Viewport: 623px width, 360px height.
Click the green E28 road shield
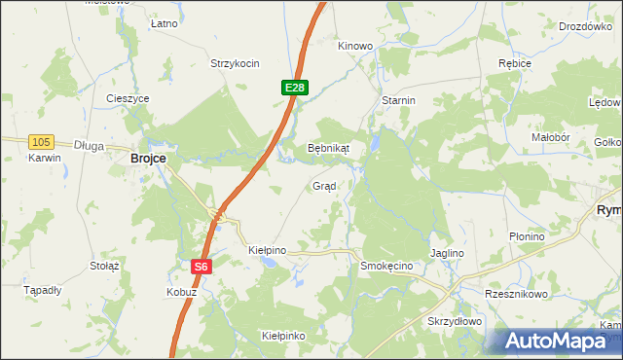[x=296, y=88]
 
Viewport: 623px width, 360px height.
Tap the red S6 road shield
[x=200, y=266]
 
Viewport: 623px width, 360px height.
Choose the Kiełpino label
[x=267, y=250]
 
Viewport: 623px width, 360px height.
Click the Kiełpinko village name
[x=283, y=336]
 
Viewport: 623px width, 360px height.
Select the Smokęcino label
[x=386, y=266]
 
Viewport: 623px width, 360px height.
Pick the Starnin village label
[x=399, y=100]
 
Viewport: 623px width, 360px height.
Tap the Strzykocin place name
[x=235, y=63]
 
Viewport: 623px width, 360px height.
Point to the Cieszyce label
[x=128, y=98]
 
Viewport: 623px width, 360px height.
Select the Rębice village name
[x=514, y=63]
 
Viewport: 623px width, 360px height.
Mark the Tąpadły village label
[x=43, y=290]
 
